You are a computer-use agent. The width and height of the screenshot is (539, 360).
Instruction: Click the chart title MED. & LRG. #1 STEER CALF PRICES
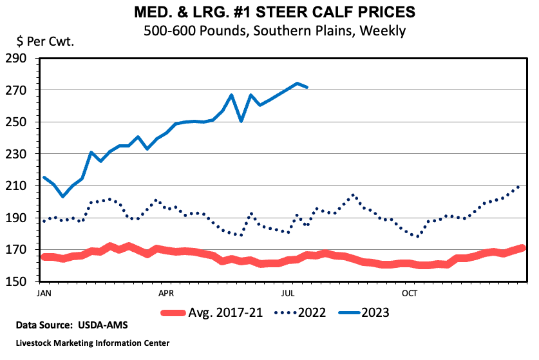(269, 12)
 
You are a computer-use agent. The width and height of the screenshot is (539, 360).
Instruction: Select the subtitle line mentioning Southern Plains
(269, 30)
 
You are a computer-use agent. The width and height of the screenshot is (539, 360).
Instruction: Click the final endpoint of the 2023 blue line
(307, 87)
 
